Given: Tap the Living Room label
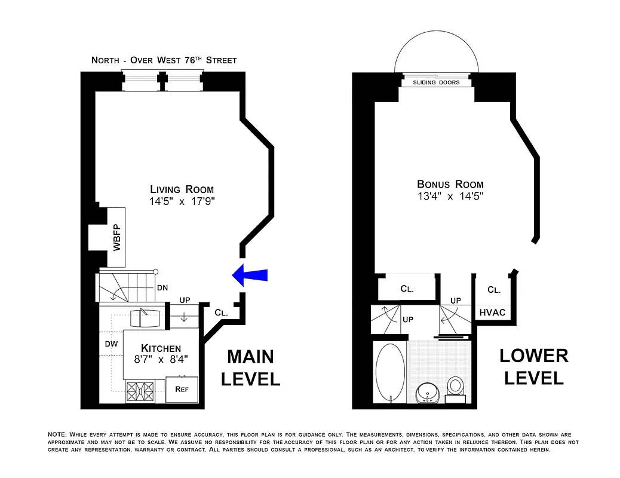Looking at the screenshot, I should [182, 189].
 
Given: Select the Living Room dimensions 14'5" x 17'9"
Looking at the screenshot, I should [182, 201].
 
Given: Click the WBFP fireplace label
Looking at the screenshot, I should [116, 237].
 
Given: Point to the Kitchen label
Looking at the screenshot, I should [161, 348].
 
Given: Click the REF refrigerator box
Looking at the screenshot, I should [181, 389].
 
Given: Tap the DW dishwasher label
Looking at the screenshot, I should [111, 344].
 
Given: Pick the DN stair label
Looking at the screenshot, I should [162, 287].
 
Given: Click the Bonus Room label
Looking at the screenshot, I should [450, 184].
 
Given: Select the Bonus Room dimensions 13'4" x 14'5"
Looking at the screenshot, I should [450, 196].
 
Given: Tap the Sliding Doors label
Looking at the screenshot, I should [437, 82].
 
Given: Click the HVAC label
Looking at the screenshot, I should [492, 312].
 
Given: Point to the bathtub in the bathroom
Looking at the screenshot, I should [389, 373].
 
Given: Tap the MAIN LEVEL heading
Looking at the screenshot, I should [250, 367].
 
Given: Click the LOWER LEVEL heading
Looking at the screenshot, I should [533, 366].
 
